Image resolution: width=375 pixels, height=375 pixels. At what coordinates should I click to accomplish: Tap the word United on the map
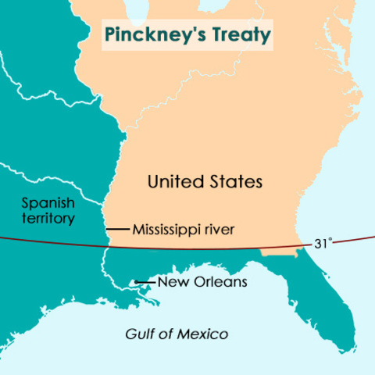pos(172,182)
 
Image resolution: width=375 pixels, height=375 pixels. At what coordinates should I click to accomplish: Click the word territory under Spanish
pos(48,219)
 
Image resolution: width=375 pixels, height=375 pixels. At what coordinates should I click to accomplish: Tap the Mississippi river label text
pos(183,230)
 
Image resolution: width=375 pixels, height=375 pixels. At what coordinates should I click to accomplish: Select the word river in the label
pos(220,230)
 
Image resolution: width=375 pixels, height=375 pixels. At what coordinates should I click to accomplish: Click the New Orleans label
pos(202,282)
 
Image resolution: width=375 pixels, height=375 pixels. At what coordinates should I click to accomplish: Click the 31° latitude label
pos(323,244)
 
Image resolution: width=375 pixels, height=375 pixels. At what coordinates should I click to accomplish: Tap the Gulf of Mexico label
pos(177,334)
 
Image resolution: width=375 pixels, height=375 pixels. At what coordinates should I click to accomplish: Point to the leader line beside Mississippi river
pos(117,229)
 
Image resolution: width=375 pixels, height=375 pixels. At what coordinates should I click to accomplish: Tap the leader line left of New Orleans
pos(148,282)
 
